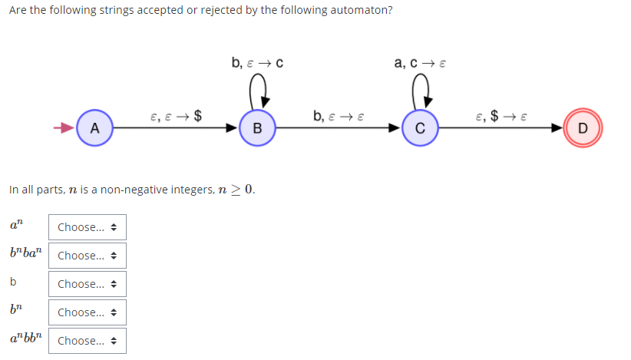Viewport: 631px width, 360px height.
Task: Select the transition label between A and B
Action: click(177, 117)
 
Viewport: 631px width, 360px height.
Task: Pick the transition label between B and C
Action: click(339, 117)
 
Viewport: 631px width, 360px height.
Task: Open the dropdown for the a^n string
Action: click(87, 227)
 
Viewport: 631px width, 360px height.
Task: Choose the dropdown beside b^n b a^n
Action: click(87, 256)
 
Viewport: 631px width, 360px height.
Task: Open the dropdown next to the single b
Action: click(87, 284)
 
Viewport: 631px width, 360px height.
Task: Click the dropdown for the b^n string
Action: click(87, 312)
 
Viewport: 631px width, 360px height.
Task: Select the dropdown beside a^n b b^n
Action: click(87, 341)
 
